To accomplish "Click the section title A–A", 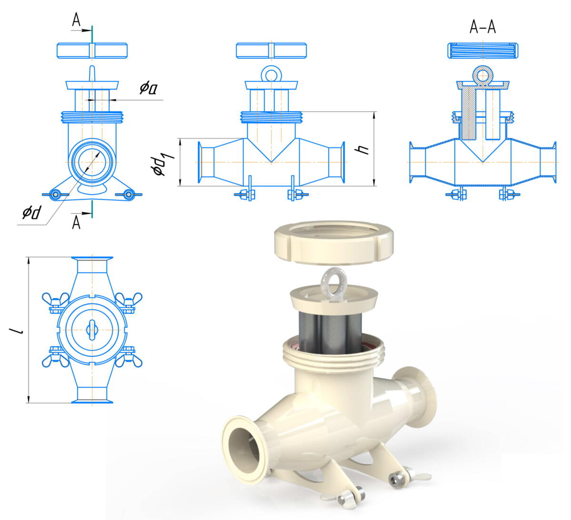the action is coord(482,28).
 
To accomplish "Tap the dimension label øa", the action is coord(148,89).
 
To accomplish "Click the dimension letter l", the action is coord(20,331).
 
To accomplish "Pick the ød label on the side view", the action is coord(32,212).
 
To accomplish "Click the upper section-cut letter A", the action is coord(76,20).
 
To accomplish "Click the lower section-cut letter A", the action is coord(76,223).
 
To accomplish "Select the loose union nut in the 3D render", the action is coord(334,242).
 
